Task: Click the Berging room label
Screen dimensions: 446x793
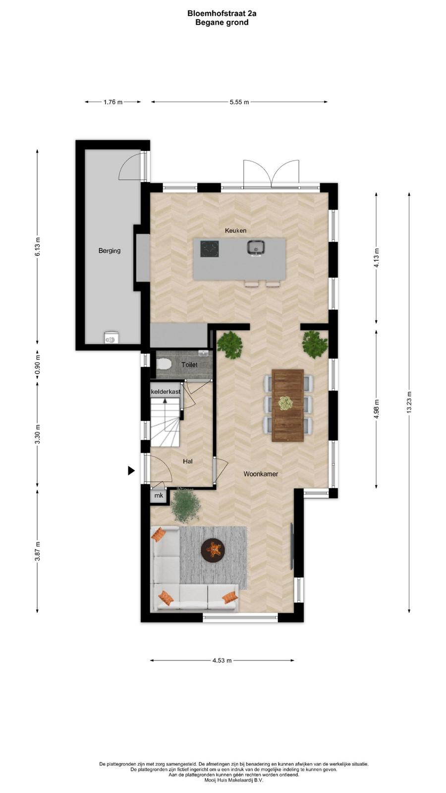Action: (x=110, y=251)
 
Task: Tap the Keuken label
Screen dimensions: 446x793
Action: (x=236, y=230)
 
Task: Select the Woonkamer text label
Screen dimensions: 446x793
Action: (x=261, y=474)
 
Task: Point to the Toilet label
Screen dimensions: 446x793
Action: (x=189, y=365)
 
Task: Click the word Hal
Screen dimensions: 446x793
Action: (x=188, y=461)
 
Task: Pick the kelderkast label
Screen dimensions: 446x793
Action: (x=166, y=392)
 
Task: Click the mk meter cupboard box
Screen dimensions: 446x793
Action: (x=159, y=495)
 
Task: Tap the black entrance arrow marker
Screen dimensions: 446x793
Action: (x=131, y=470)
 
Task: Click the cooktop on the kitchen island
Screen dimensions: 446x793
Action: (x=210, y=248)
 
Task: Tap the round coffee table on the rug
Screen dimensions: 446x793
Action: (x=213, y=550)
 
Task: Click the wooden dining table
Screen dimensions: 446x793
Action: (x=288, y=405)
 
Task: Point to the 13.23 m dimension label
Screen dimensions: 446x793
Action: (x=409, y=402)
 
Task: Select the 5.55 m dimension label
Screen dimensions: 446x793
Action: (x=239, y=102)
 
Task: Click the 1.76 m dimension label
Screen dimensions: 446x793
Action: (x=113, y=102)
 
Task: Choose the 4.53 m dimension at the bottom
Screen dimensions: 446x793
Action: (x=222, y=660)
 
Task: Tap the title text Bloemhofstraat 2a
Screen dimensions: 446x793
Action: (x=222, y=14)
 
